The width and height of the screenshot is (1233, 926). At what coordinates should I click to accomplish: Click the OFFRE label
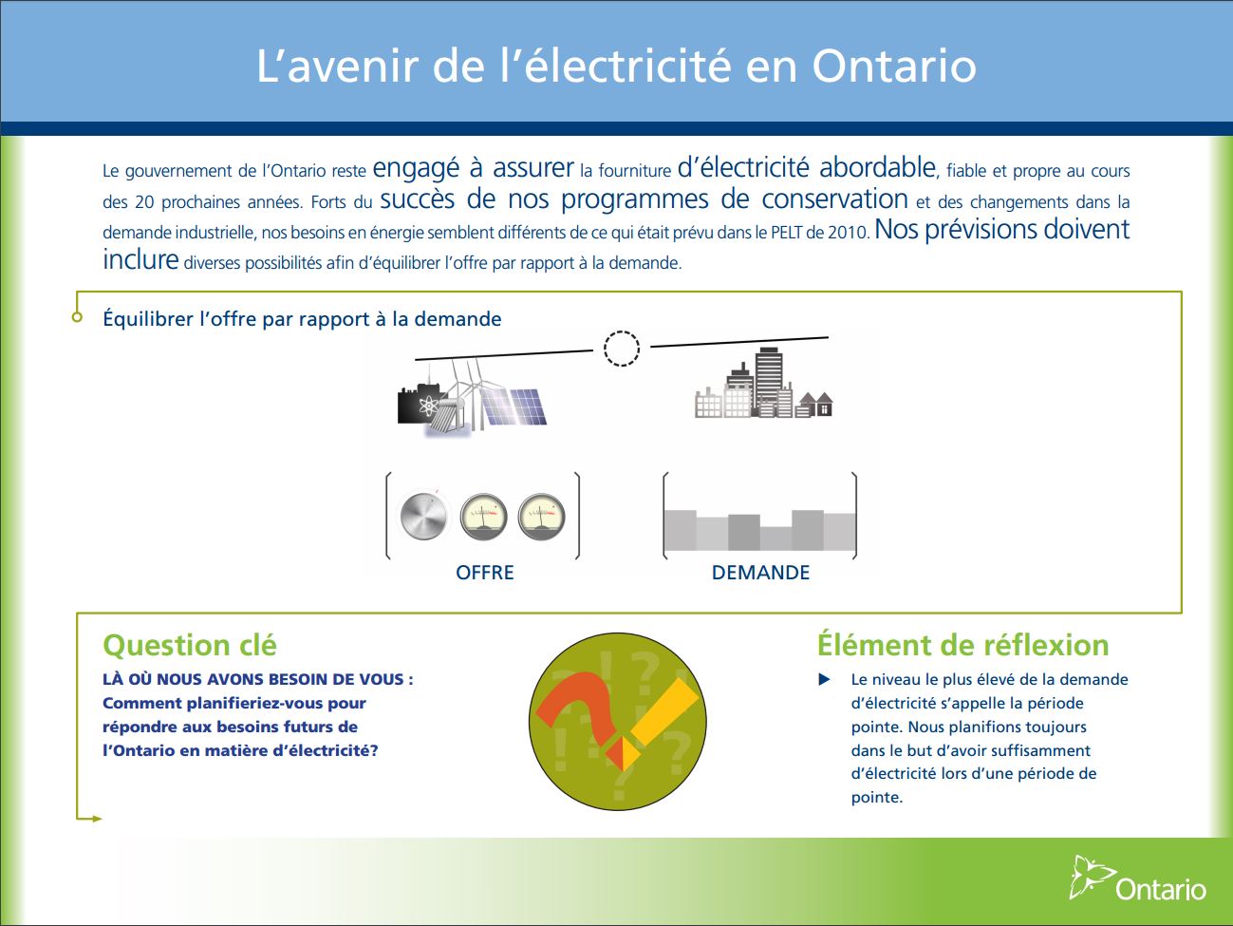(x=485, y=573)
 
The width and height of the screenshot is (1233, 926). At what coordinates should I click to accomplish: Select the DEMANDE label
(x=760, y=573)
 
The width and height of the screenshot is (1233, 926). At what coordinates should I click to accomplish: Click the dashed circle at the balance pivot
(x=622, y=349)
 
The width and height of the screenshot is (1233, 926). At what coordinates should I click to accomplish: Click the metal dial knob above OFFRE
(x=423, y=517)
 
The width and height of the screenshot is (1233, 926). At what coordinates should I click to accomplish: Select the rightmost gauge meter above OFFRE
(x=541, y=518)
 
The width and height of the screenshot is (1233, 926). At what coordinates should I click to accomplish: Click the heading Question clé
(x=190, y=646)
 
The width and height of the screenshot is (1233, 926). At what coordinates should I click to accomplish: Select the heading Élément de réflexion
(x=962, y=646)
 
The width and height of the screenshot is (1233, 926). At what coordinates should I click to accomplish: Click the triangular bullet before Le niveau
(x=825, y=679)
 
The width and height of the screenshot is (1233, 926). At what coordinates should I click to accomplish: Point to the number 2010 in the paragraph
(x=849, y=233)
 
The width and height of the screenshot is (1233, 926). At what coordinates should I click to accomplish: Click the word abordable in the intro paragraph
(x=877, y=168)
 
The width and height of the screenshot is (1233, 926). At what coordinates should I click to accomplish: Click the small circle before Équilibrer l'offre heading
(x=78, y=317)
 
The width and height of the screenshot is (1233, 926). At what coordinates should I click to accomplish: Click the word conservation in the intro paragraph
(x=834, y=199)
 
